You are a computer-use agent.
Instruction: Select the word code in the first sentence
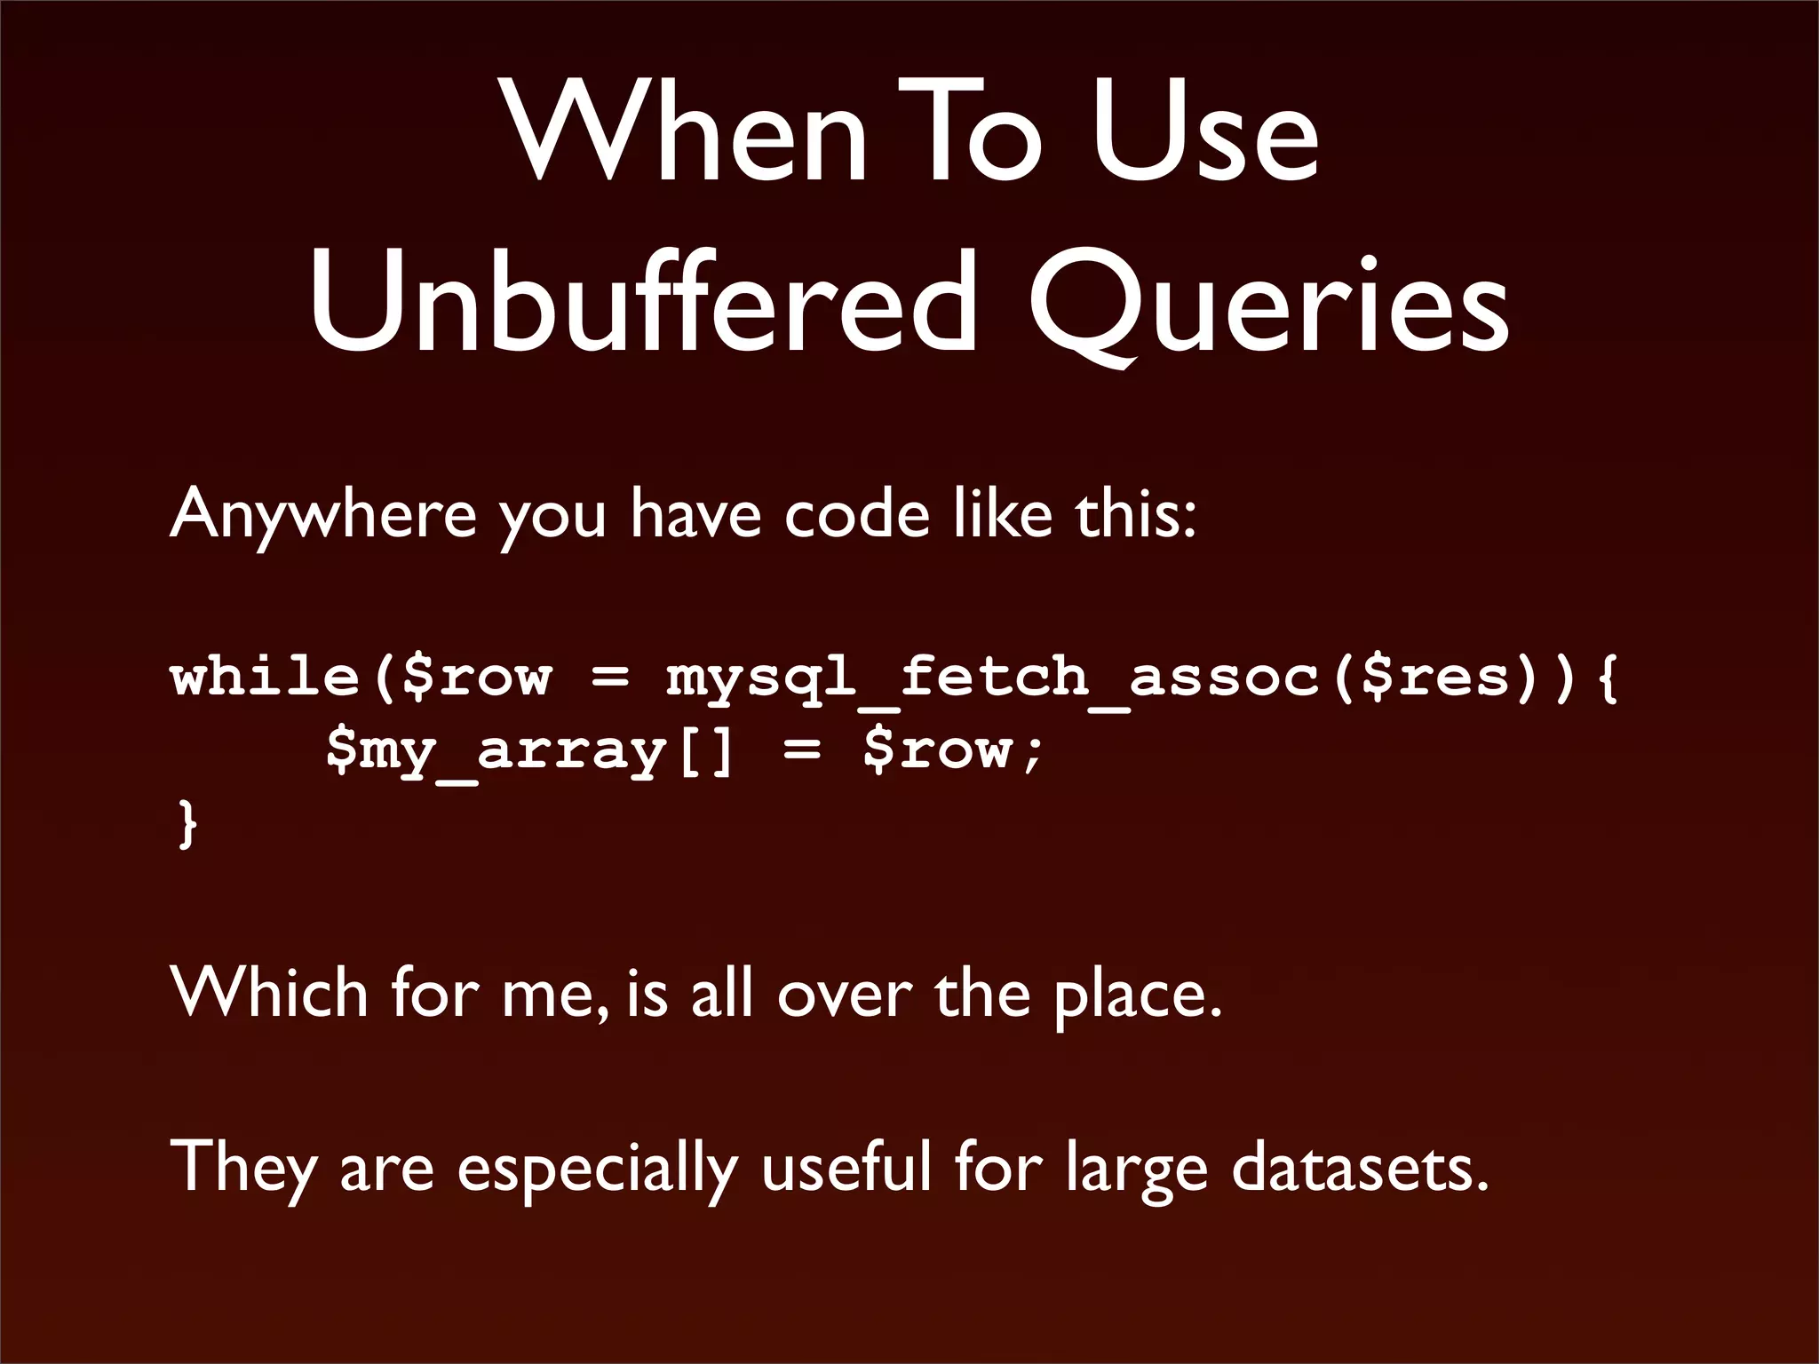[x=856, y=515]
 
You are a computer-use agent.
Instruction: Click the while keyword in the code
[x=265, y=677]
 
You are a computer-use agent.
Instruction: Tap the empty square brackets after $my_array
[x=706, y=751]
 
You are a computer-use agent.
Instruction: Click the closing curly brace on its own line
[x=187, y=823]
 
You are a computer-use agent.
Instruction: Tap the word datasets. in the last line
[x=1359, y=1167]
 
